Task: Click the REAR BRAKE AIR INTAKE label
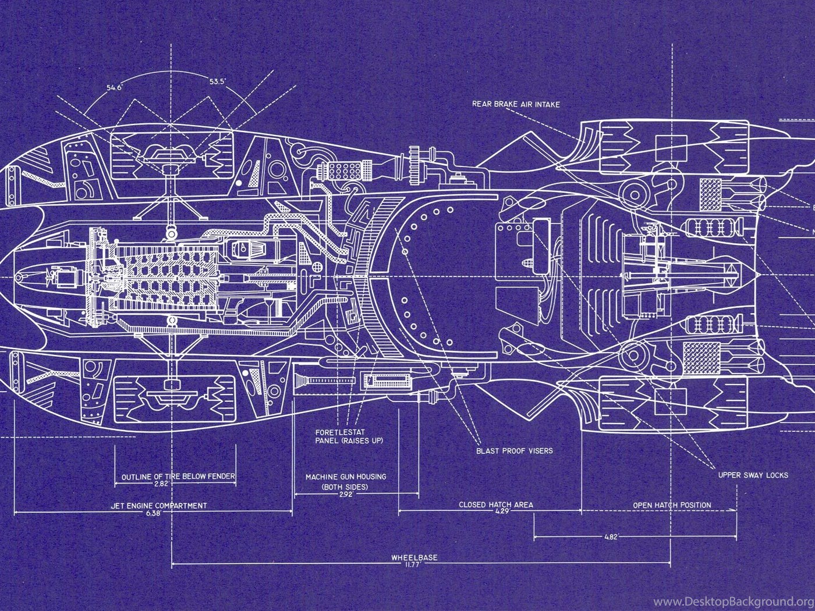pyautogui.click(x=516, y=104)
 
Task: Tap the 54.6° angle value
pyautogui.click(x=115, y=87)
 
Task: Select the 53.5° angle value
pyautogui.click(x=217, y=81)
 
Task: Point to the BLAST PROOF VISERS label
pyautogui.click(x=514, y=451)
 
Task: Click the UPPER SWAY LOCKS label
pyautogui.click(x=753, y=475)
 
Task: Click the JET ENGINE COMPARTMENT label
pyautogui.click(x=158, y=506)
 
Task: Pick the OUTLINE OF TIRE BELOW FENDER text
pyautogui.click(x=178, y=477)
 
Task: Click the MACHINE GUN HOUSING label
pyautogui.click(x=346, y=477)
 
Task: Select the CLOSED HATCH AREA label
pyautogui.click(x=496, y=505)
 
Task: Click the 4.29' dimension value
pyautogui.click(x=503, y=511)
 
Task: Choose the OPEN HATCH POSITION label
pyautogui.click(x=672, y=505)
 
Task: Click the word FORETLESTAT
pyautogui.click(x=340, y=432)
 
